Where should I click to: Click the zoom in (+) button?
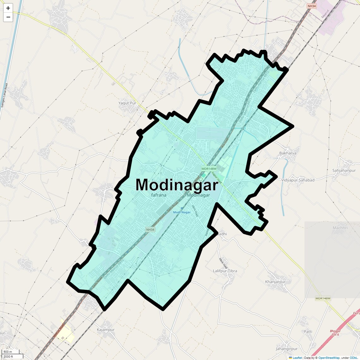point(8,8)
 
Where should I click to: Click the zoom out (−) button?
point(8,17)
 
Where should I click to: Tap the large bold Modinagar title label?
point(177,185)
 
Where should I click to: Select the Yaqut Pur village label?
point(127,103)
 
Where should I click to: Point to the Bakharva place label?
point(288,153)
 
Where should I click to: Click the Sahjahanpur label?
point(344,171)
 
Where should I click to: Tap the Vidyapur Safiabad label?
point(298,180)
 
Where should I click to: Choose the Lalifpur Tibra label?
point(225,271)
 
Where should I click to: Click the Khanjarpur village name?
point(275,282)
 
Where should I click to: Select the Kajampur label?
point(105,330)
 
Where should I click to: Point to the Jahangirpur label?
point(286,349)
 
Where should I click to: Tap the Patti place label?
point(308,332)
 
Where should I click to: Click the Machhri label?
point(340,228)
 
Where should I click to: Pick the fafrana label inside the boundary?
point(159,195)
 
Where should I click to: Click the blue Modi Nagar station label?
point(182,212)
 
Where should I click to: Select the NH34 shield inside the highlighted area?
point(150,230)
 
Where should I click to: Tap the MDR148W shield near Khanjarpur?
point(323,298)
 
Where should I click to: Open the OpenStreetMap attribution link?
point(329,358)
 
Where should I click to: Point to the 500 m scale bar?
point(8,352)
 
